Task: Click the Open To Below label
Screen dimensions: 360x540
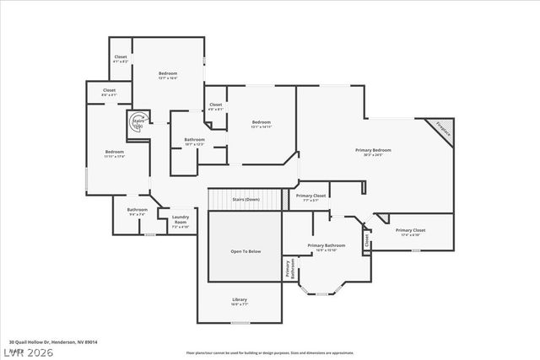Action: [x=246, y=251]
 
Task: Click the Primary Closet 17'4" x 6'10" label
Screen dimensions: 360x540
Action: [x=410, y=232]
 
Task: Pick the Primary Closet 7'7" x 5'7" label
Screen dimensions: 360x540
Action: [x=310, y=197]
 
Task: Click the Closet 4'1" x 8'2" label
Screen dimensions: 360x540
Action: [x=121, y=59]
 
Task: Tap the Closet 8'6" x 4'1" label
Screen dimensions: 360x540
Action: [x=110, y=92]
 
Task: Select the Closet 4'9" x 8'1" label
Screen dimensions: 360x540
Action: [x=216, y=106]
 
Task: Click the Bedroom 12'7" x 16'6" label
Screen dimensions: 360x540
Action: [x=168, y=75]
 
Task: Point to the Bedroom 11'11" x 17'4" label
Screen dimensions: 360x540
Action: [x=115, y=153]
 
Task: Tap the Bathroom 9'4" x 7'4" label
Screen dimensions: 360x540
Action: [x=138, y=212]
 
